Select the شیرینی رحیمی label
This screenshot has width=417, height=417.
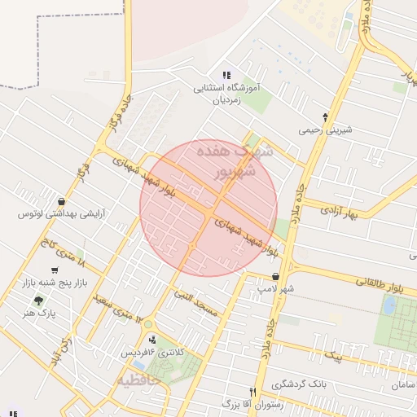[x=325, y=129]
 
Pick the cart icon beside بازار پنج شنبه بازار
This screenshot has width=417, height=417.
[x=55, y=270]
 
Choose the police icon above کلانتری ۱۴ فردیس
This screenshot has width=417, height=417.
[x=152, y=339]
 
